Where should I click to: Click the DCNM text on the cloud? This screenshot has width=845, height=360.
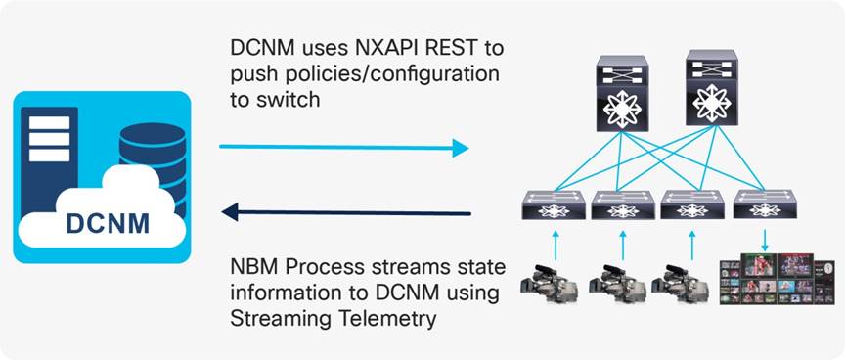(108, 223)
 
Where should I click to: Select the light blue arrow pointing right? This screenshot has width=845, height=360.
(343, 148)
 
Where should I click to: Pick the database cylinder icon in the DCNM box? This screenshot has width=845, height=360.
(152, 157)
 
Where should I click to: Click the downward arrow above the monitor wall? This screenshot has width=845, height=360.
(764, 241)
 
